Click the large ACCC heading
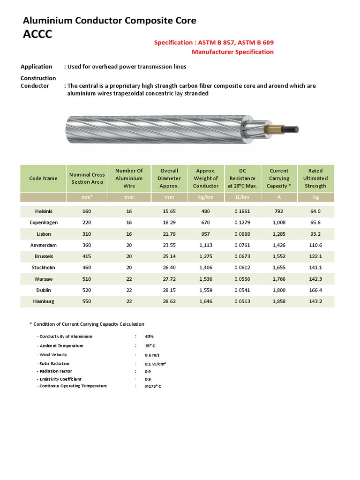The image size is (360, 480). pyautogui.click(x=37, y=35)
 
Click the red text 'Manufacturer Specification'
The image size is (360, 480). pyautogui.click(x=232, y=52)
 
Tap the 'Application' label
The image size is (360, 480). pyautogui.click(x=37, y=67)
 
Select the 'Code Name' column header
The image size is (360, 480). pyautogui.click(x=44, y=178)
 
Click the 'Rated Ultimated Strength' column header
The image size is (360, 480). pyautogui.click(x=315, y=178)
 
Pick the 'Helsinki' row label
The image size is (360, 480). pyautogui.click(x=44, y=211)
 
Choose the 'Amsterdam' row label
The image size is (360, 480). pyautogui.click(x=44, y=245)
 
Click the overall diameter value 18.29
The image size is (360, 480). pyautogui.click(x=169, y=223)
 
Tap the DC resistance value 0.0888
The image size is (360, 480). pyautogui.click(x=242, y=234)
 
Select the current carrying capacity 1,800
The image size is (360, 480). pyautogui.click(x=279, y=290)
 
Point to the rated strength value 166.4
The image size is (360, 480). pyautogui.click(x=315, y=290)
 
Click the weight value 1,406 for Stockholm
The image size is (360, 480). pyautogui.click(x=206, y=268)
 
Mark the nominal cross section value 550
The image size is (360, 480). pyautogui.click(x=87, y=301)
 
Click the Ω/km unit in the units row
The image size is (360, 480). pyautogui.click(x=242, y=197)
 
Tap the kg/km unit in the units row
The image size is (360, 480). pyautogui.click(x=206, y=197)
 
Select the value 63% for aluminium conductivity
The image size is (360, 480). pyautogui.click(x=149, y=337)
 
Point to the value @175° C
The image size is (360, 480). pyautogui.click(x=153, y=386)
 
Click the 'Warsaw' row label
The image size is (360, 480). pyautogui.click(x=44, y=279)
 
